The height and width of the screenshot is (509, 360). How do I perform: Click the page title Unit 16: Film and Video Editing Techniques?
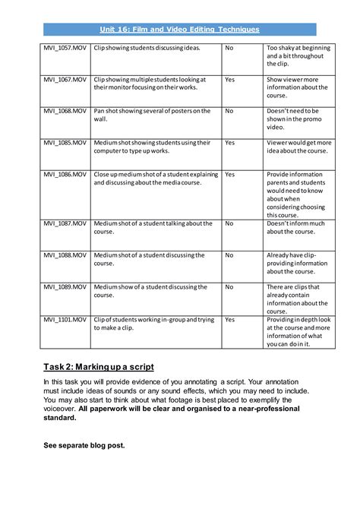point(179,29)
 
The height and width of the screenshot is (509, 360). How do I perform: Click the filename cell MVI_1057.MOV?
point(65,47)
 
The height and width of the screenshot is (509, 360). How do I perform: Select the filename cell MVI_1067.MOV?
point(65,79)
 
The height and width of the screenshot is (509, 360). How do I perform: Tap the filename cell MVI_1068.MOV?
point(65,111)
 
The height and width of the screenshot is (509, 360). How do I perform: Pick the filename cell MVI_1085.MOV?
point(65,142)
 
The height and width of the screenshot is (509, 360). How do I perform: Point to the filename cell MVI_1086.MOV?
point(65,174)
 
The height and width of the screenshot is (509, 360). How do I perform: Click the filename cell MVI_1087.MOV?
point(65,223)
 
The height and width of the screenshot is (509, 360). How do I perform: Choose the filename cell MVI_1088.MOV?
point(65,255)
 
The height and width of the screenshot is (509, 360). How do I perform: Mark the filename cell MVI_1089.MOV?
point(65,287)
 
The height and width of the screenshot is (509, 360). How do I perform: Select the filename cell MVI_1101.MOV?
point(65,320)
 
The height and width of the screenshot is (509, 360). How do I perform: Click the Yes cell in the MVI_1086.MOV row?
point(230,174)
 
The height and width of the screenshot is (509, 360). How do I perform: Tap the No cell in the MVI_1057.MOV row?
point(229,47)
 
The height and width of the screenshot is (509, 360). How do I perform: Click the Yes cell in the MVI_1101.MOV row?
point(230,320)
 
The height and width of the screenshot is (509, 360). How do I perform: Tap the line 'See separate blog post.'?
point(84,445)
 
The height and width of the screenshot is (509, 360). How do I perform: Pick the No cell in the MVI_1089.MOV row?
point(229,287)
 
